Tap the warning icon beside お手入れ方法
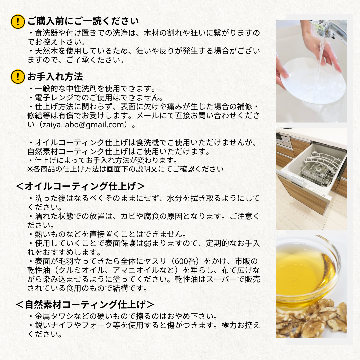point(18,77)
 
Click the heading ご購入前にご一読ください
point(83,21)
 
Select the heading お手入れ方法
point(55,77)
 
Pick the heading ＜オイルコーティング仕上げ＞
point(80,186)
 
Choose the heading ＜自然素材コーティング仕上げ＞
point(85,304)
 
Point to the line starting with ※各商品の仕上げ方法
point(125,169)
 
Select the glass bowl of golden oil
point(305,270)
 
